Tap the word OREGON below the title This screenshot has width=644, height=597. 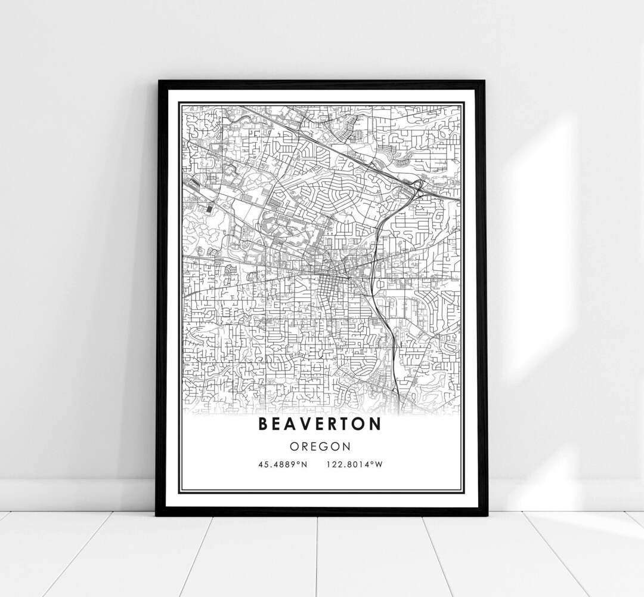click(320, 445)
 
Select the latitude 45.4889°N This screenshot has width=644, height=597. click(283, 464)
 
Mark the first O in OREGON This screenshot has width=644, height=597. click(295, 445)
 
